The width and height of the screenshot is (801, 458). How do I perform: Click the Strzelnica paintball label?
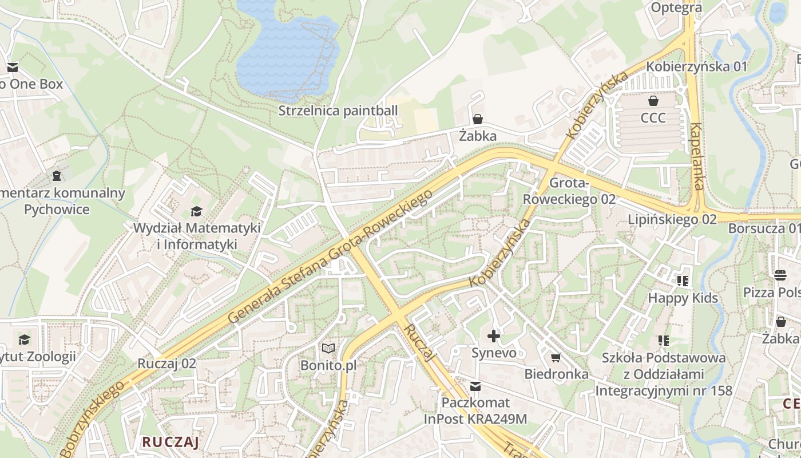click(x=338, y=110)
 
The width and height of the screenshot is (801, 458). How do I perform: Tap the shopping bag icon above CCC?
click(x=653, y=101)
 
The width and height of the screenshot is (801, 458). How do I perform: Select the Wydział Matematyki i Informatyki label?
click(x=197, y=236)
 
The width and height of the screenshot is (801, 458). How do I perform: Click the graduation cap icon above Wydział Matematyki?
click(x=197, y=211)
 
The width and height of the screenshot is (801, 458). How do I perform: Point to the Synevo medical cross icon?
click(x=494, y=336)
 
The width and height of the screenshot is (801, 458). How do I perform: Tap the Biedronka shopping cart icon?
click(x=556, y=358)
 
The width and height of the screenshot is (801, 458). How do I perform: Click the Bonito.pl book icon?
click(x=328, y=348)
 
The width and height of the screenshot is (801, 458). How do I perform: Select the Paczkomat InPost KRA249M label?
click(x=475, y=411)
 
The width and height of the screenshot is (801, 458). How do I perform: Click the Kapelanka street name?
click(x=697, y=156)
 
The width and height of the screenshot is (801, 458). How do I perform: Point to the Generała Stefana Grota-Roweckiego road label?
click(x=330, y=256)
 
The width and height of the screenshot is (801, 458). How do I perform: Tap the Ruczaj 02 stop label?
click(x=166, y=364)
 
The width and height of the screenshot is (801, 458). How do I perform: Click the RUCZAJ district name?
click(x=170, y=442)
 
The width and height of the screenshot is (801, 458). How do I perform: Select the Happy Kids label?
click(x=683, y=298)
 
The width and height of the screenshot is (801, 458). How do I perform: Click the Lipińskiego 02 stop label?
click(x=672, y=219)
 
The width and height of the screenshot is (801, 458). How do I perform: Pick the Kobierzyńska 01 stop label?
click(x=697, y=66)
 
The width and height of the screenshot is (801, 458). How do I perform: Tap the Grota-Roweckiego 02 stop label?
click(x=569, y=191)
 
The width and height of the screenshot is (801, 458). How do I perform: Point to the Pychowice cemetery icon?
click(x=57, y=175)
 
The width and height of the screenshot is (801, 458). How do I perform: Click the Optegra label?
click(x=676, y=8)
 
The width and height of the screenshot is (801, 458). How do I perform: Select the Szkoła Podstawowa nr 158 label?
click(x=664, y=374)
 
